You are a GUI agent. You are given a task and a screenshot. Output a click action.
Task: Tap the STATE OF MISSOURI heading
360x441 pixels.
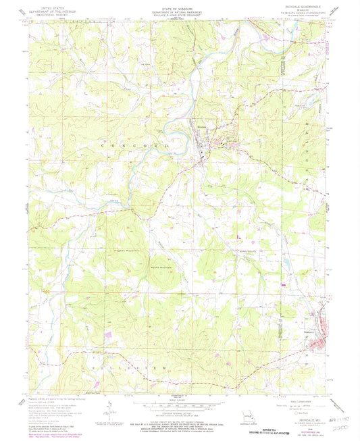point(180,9)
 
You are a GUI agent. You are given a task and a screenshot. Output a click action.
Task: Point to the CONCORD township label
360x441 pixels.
point(128,146)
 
